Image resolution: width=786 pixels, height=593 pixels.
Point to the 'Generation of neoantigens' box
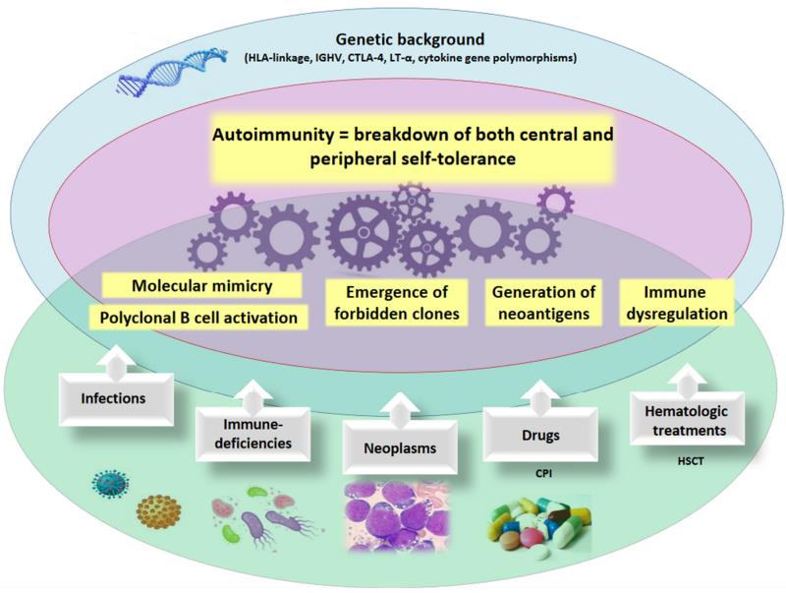click(x=543, y=303)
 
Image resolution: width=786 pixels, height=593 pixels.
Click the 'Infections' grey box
click(x=112, y=400)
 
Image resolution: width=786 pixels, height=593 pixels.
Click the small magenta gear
click(x=553, y=202)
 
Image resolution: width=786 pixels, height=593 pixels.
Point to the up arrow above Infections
click(x=115, y=360)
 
